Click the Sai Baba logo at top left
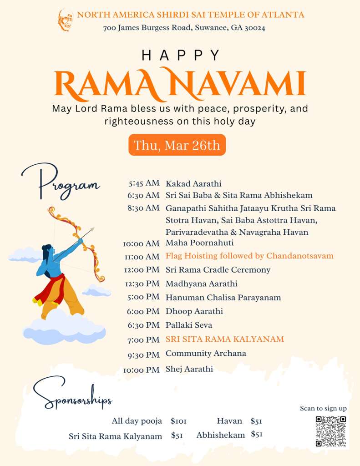(65, 20)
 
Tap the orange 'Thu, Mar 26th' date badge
(177, 145)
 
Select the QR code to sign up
(330, 431)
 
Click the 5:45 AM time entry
(144, 183)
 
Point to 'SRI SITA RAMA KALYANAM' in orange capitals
(224, 339)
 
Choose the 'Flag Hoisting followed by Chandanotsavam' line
(249, 256)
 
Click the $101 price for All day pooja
(178, 421)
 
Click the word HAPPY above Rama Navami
(181, 56)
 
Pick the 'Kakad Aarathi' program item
(193, 184)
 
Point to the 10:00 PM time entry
(142, 370)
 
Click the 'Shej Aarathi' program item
(189, 369)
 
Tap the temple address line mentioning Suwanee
(184, 28)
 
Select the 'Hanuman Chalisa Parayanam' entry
(223, 298)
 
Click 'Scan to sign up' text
(323, 408)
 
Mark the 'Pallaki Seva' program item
(189, 325)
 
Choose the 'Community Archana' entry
(206, 354)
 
